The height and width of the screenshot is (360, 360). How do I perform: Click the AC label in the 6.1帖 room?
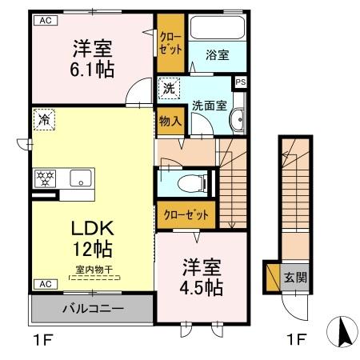pyautogui.click(x=45, y=21)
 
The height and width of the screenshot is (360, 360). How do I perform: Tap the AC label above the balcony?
pyautogui.click(x=45, y=284)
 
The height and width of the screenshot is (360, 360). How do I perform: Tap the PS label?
pyautogui.click(x=240, y=81)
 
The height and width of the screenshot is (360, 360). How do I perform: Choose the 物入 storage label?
pyautogui.click(x=169, y=122)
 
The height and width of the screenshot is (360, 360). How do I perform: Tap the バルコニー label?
pyautogui.click(x=91, y=308)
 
